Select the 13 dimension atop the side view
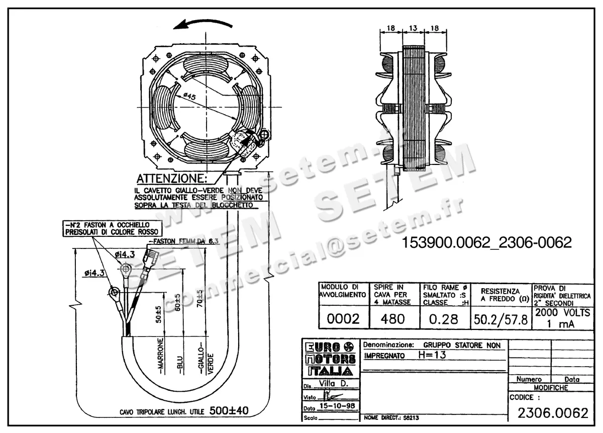(x=413, y=29)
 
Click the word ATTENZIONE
(x=171, y=179)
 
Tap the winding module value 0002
(x=343, y=319)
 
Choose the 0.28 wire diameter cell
(x=444, y=319)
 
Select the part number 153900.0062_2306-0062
(x=486, y=243)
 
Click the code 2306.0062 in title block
(x=553, y=413)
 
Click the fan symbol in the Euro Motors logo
(x=348, y=347)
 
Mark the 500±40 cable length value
(x=229, y=411)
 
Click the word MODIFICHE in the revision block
(x=551, y=388)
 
